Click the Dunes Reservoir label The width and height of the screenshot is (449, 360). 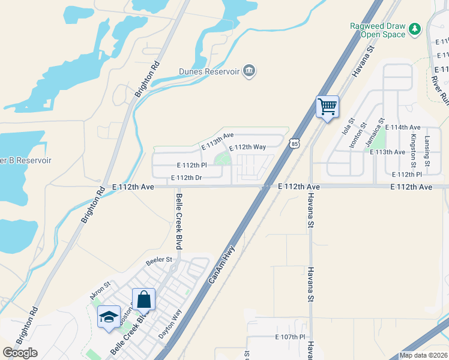(209, 72)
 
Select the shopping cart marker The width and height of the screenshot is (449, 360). (327, 107)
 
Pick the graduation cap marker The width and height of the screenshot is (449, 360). (109, 317)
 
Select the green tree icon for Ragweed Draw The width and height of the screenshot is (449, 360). (414, 29)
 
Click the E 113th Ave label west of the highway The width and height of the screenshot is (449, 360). (217, 141)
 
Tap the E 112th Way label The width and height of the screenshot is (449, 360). (247, 147)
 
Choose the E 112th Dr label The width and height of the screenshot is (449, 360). (186, 178)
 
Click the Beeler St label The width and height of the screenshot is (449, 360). (159, 260)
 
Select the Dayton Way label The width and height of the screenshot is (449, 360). (169, 324)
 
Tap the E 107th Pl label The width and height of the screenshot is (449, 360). (290, 337)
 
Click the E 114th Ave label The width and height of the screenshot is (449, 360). (403, 127)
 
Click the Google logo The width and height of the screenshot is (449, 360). (20, 353)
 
